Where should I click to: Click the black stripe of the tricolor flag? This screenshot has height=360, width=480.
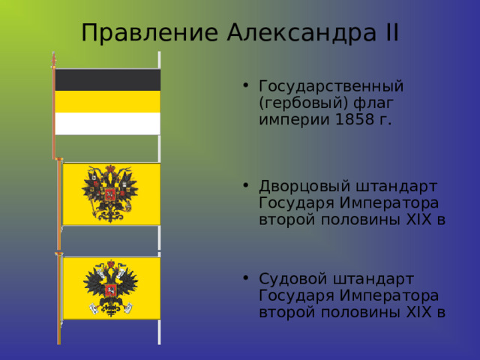(107, 79)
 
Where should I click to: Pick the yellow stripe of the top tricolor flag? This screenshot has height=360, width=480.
(107, 101)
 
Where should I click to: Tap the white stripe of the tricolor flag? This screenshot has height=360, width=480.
(107, 123)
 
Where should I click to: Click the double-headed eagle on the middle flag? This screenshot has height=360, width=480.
(110, 193)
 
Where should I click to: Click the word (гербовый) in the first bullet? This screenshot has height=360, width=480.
(303, 102)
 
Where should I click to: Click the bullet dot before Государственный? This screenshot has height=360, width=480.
(247, 85)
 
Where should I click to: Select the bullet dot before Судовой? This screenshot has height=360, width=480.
(247, 278)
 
